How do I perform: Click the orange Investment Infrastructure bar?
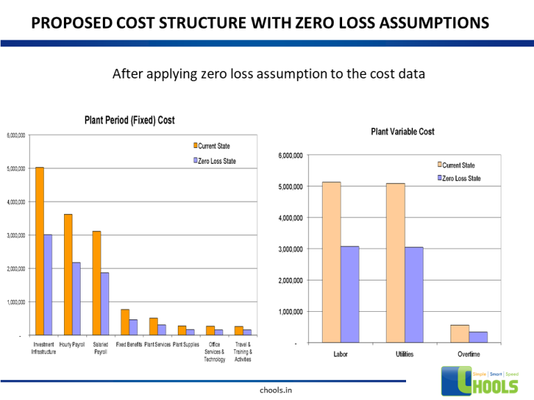pos(40,251)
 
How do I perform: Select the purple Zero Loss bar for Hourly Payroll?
pos(76,299)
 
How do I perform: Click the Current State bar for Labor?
pos(332,262)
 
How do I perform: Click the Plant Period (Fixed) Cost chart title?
pos(129,120)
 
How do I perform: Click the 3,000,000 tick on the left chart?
pos(16,235)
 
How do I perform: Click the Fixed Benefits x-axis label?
pos(129,344)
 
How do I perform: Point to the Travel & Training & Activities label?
pos(243,351)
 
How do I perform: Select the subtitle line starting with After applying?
pos(268,74)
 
